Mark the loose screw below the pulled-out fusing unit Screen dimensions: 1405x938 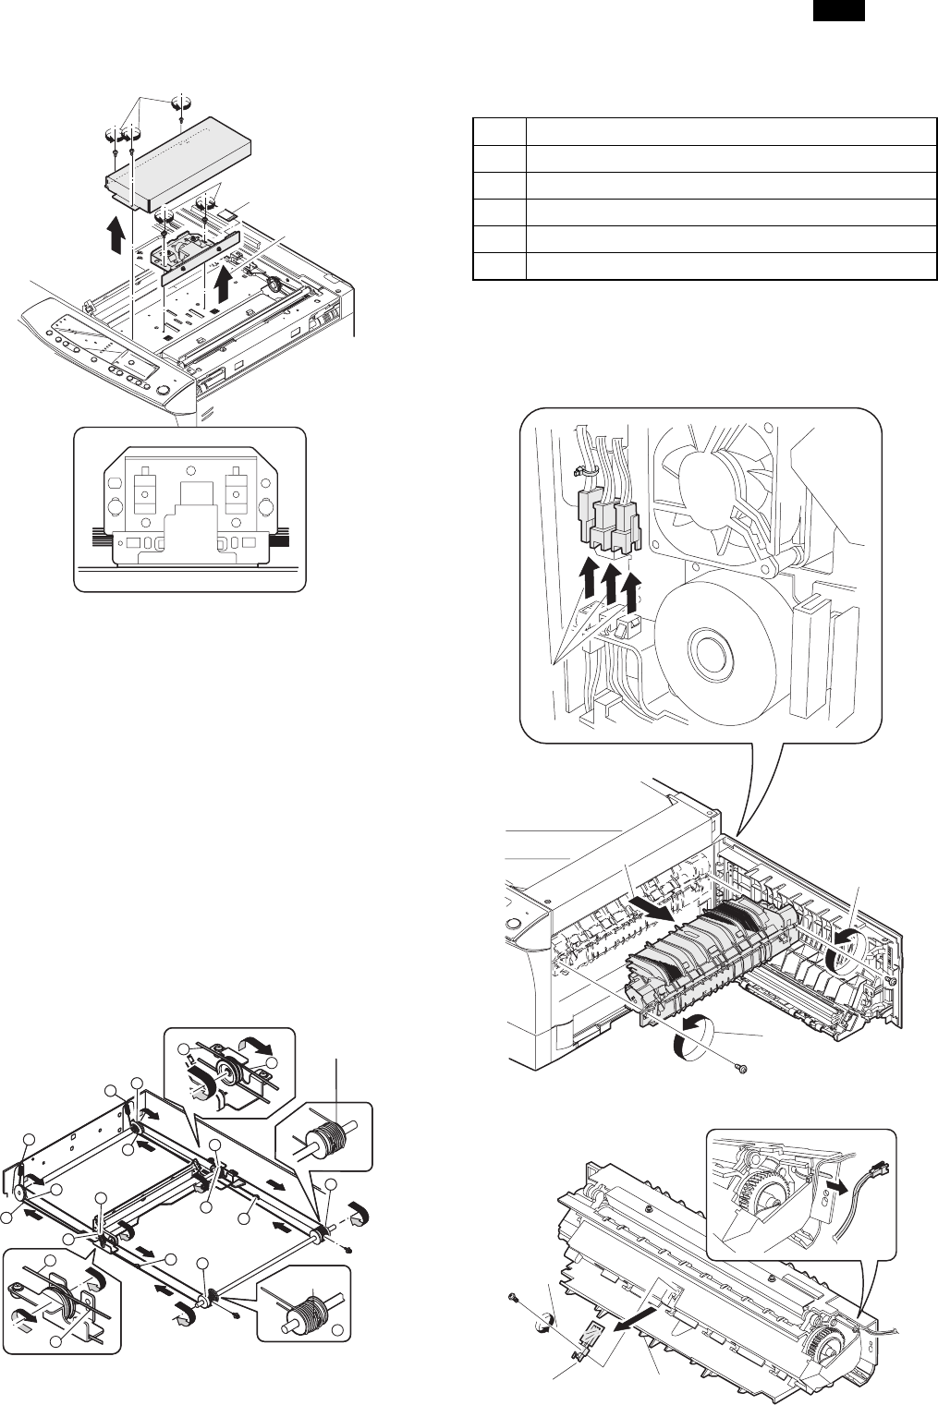tap(739, 1069)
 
